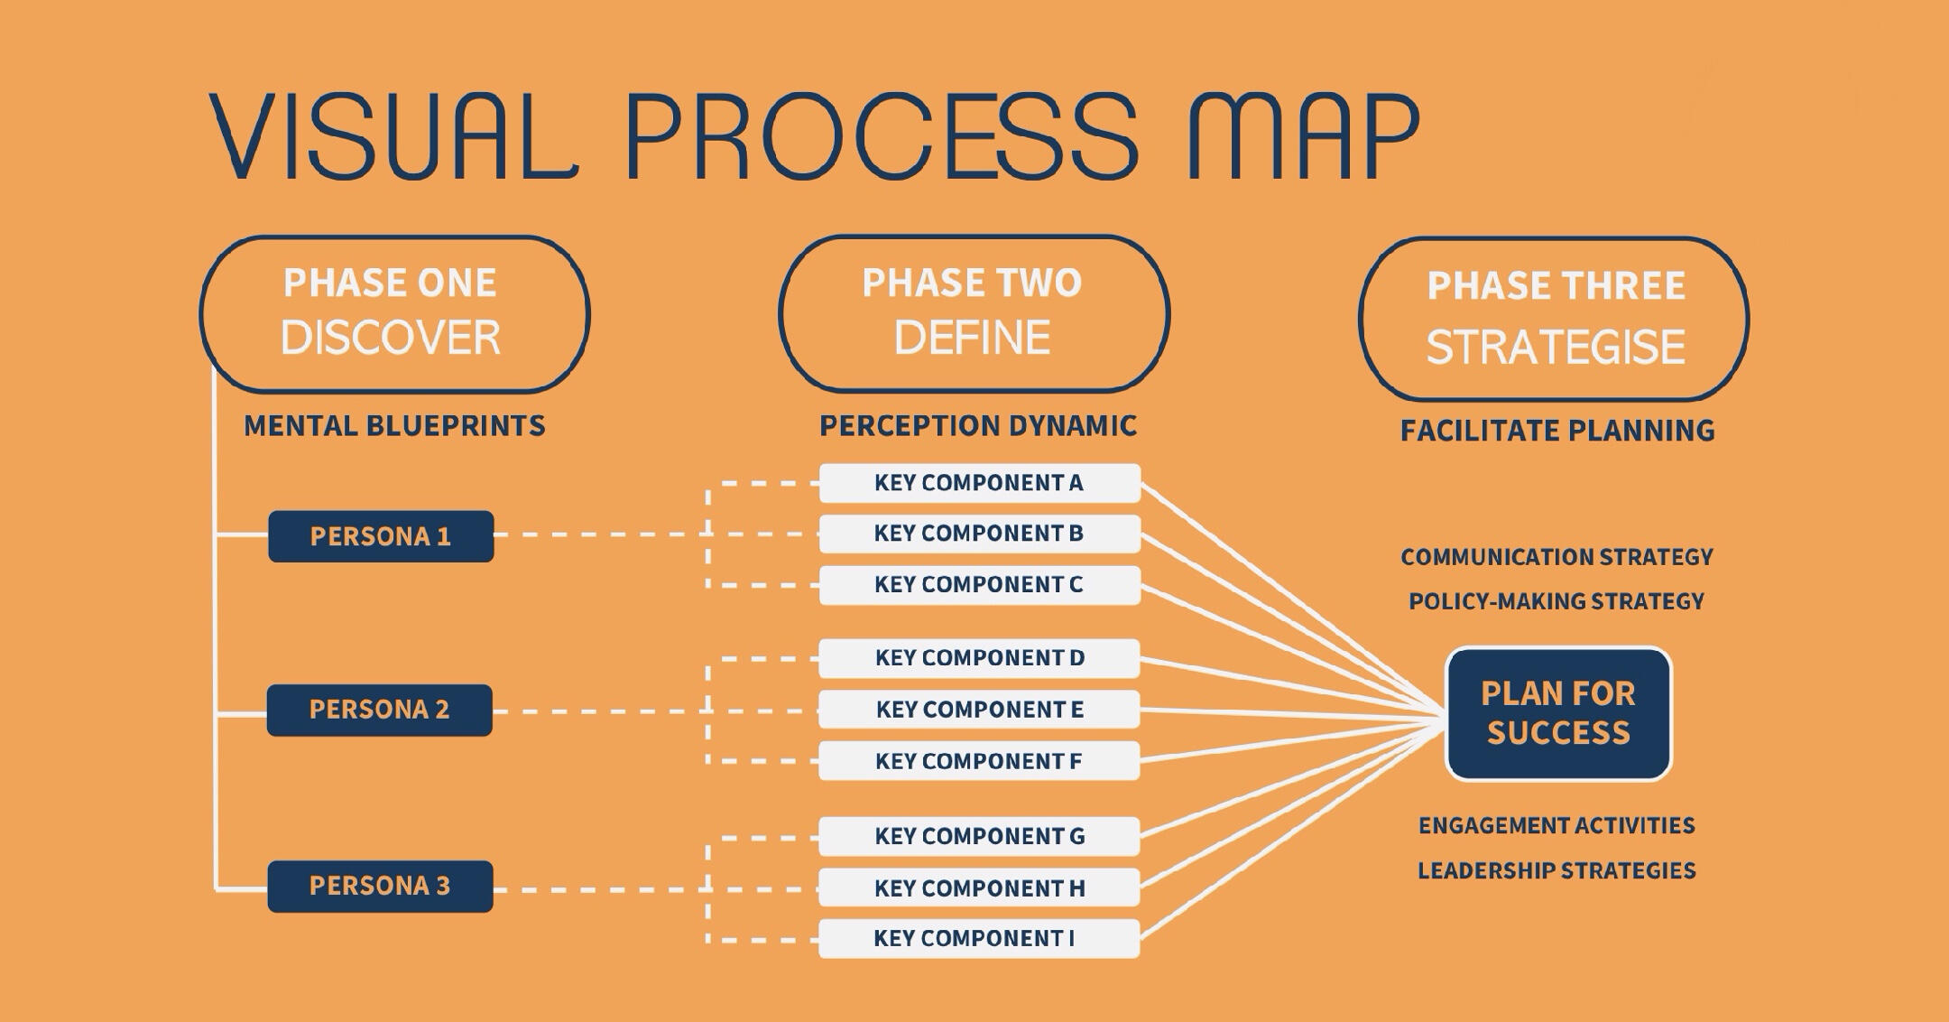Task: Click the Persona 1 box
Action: [x=381, y=536]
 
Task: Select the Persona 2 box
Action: [x=380, y=710]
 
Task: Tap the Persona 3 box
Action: [x=380, y=886]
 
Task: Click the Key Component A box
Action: [x=979, y=483]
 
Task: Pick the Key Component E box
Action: [x=979, y=710]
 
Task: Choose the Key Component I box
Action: [x=979, y=939]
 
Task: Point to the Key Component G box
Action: [x=979, y=836]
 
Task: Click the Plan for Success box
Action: [x=1558, y=713]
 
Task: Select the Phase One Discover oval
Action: [x=394, y=313]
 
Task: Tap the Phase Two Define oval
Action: [x=974, y=313]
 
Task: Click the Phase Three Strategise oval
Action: [x=1554, y=319]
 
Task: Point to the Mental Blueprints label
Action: [x=394, y=426]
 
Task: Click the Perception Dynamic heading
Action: [x=978, y=426]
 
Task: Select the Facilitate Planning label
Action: [x=1557, y=431]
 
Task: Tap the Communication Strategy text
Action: [x=1556, y=557]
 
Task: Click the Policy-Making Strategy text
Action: [x=1556, y=601]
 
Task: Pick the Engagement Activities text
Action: [x=1556, y=825]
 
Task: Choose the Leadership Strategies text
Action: [x=1556, y=870]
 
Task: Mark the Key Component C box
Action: [x=979, y=585]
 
